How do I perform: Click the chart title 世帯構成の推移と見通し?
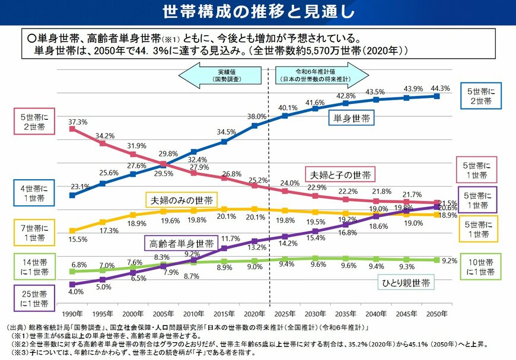tap(258, 12)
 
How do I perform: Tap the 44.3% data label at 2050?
tap(441, 88)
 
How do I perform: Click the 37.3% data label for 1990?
tap(78, 122)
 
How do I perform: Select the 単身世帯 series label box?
tap(351, 119)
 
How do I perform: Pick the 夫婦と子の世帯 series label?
tap(341, 175)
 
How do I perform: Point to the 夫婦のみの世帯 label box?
tap(181, 200)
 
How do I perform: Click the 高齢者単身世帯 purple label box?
tap(181, 244)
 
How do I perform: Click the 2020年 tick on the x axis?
tap(254, 313)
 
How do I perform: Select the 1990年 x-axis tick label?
tap(72, 313)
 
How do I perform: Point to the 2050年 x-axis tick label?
tap(437, 313)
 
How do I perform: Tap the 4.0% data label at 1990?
tap(76, 292)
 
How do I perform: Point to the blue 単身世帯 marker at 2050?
tap(437, 96)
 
